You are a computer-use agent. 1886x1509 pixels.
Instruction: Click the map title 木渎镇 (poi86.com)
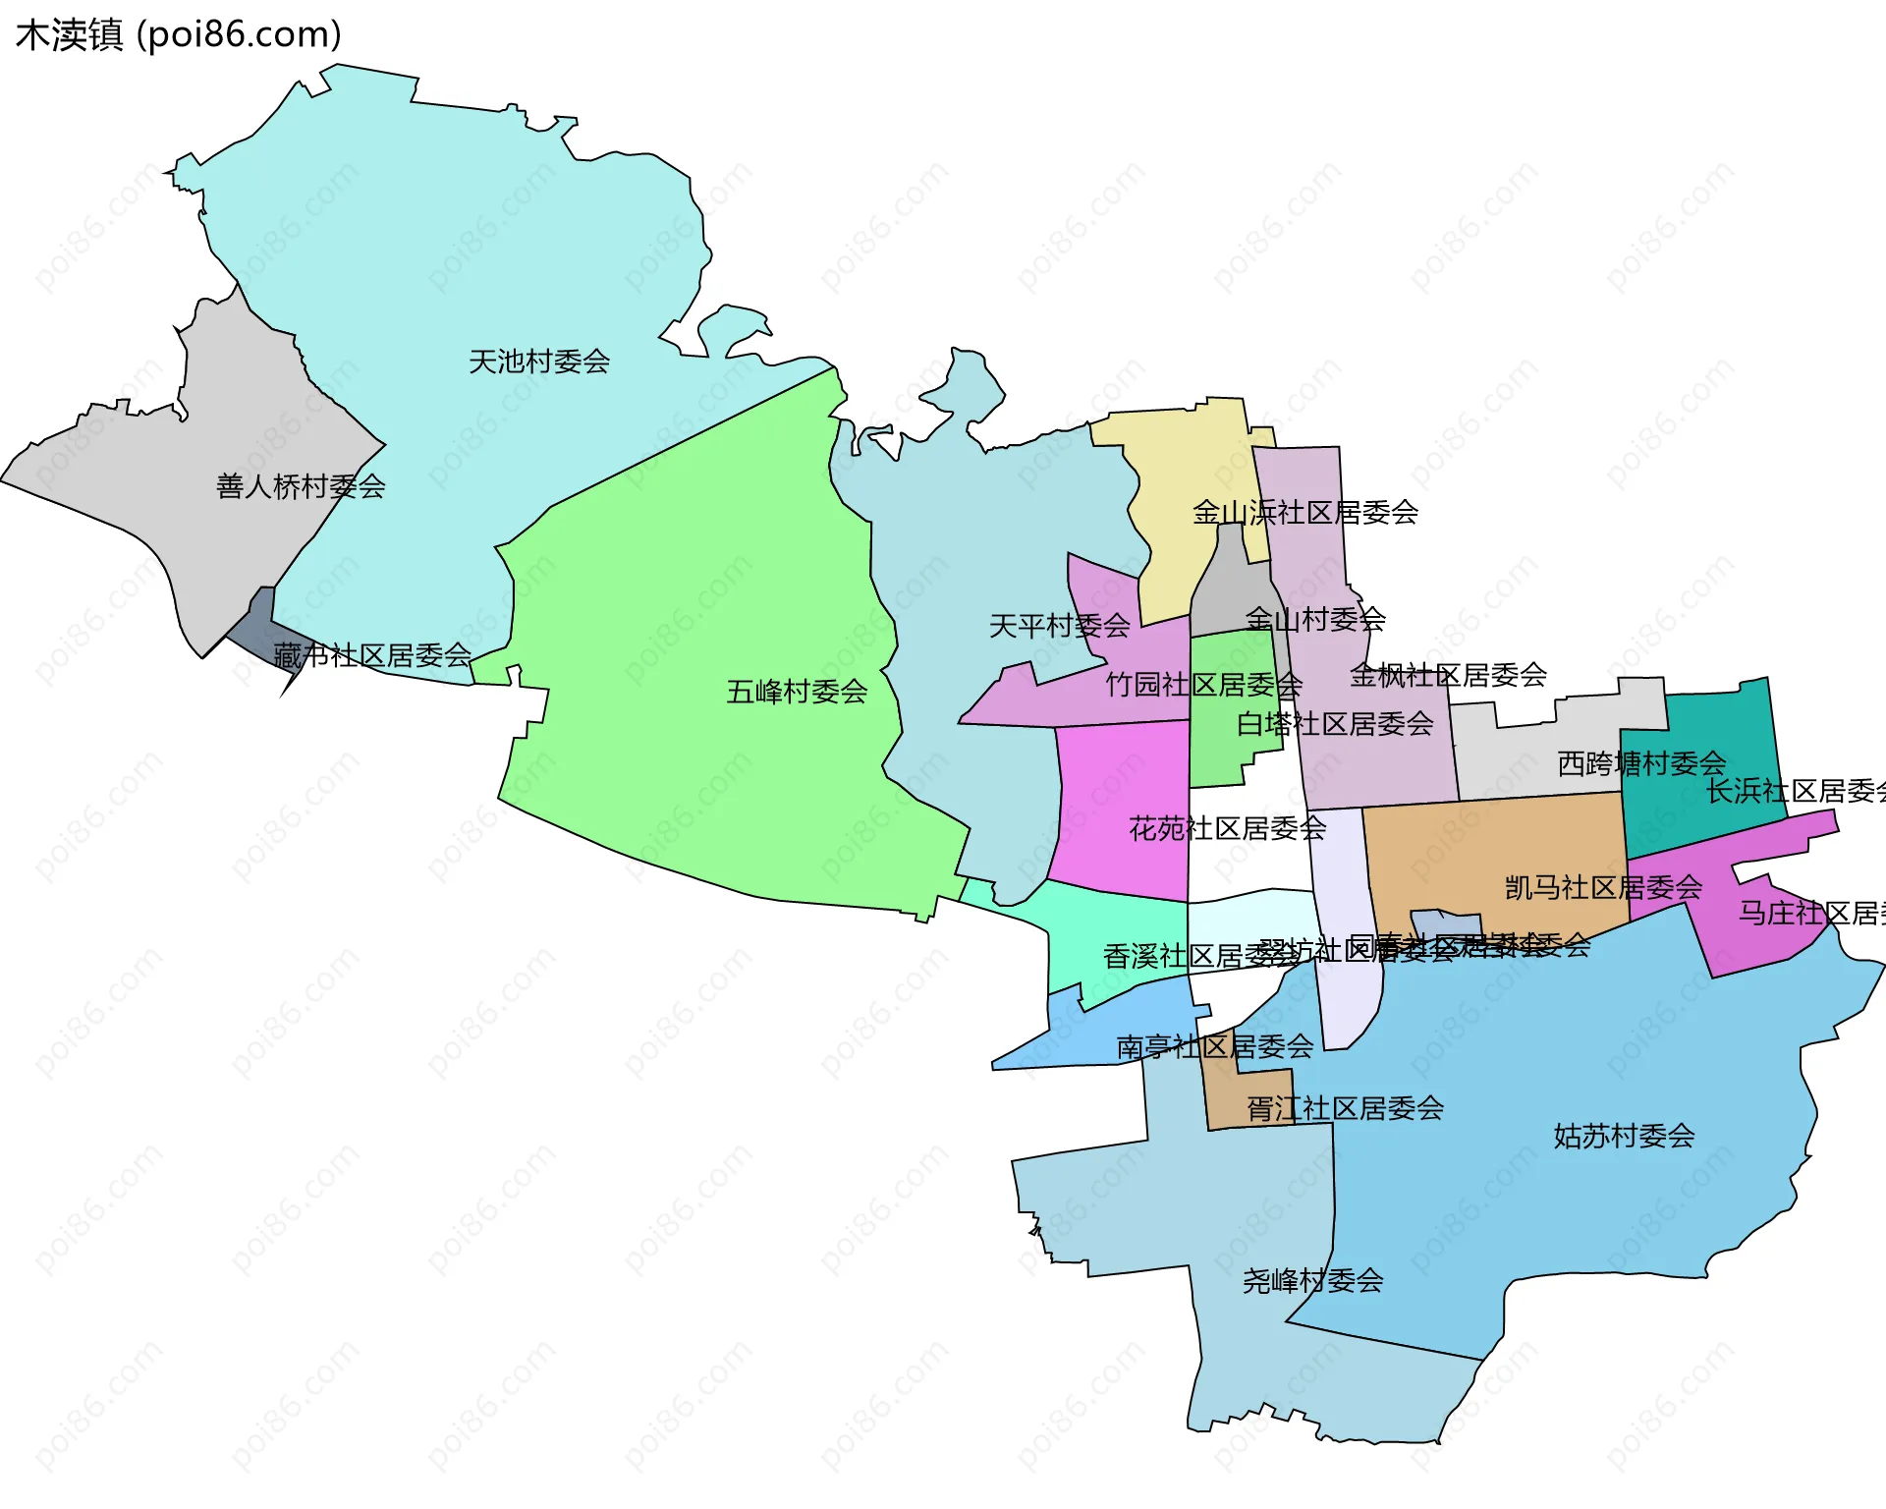[x=178, y=34]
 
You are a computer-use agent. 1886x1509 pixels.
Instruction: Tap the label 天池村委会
[x=538, y=362]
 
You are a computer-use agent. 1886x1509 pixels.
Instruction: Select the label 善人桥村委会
[x=300, y=486]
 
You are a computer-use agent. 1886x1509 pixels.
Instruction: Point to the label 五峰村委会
[x=796, y=692]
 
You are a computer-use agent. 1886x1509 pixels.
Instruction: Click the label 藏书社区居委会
[x=371, y=655]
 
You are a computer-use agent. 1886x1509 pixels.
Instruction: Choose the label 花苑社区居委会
[x=1227, y=828]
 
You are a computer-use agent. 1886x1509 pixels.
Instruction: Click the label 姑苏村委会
[x=1623, y=1136]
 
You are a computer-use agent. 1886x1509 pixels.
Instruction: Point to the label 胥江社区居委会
[x=1344, y=1108]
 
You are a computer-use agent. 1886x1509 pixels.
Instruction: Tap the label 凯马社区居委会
[x=1602, y=887]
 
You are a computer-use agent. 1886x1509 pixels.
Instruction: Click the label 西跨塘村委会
[x=1640, y=763]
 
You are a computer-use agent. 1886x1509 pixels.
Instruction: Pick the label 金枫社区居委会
[x=1447, y=675]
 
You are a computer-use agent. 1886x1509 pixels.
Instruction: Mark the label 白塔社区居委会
[x=1334, y=724]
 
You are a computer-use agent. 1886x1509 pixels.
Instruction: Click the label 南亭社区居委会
[x=1214, y=1046]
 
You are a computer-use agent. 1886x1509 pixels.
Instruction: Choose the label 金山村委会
[x=1314, y=619]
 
